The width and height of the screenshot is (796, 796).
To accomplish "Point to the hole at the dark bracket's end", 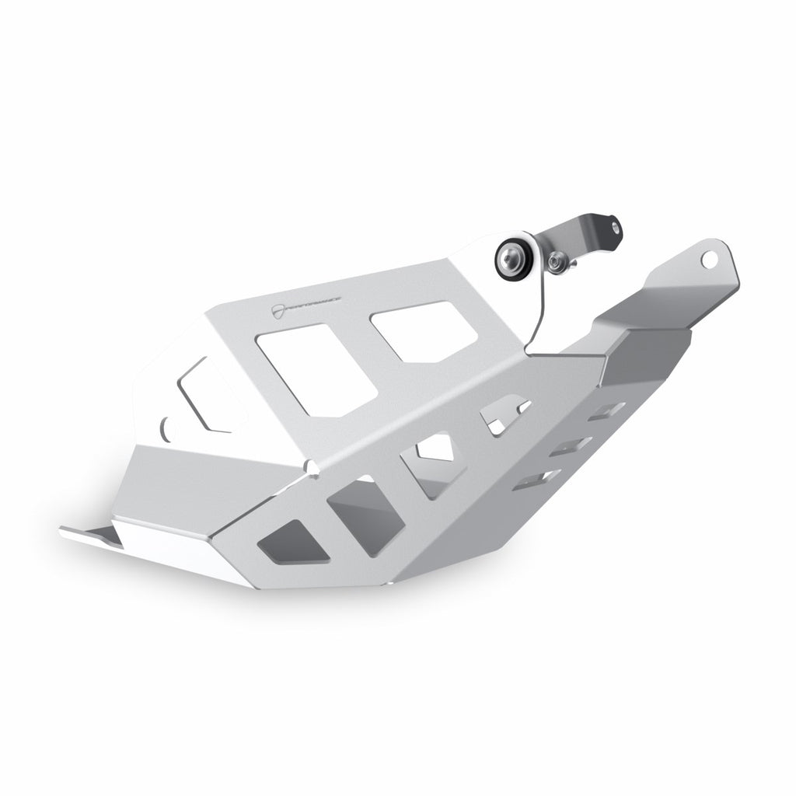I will (x=616, y=226).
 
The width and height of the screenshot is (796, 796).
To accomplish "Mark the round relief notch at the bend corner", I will (x=312, y=466).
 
